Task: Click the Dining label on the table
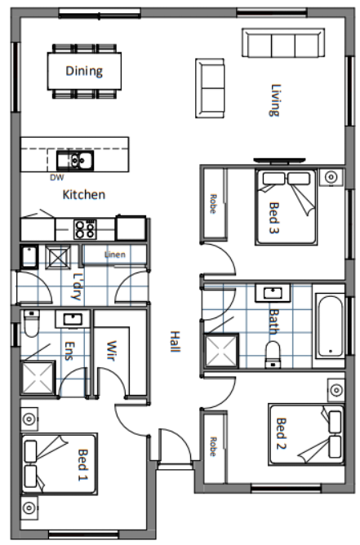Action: (84, 71)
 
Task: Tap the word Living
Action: (275, 100)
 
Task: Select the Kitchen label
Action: (84, 195)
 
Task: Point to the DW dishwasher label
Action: (56, 178)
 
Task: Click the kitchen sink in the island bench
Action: (75, 161)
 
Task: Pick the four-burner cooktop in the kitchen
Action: (85, 229)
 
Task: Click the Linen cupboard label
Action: (115, 255)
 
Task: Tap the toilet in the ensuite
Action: (31, 323)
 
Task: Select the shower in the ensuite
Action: (38, 379)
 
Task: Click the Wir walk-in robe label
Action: (111, 351)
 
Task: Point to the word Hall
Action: (175, 342)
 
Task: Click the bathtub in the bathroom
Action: (330, 326)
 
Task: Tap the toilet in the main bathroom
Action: (273, 355)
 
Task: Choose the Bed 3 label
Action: (274, 218)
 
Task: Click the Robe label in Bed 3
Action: (213, 204)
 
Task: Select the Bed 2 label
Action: (281, 433)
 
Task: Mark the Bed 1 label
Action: (82, 465)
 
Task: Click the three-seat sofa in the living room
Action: (283, 43)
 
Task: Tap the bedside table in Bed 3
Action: (331, 177)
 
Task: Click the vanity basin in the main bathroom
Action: (273, 293)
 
